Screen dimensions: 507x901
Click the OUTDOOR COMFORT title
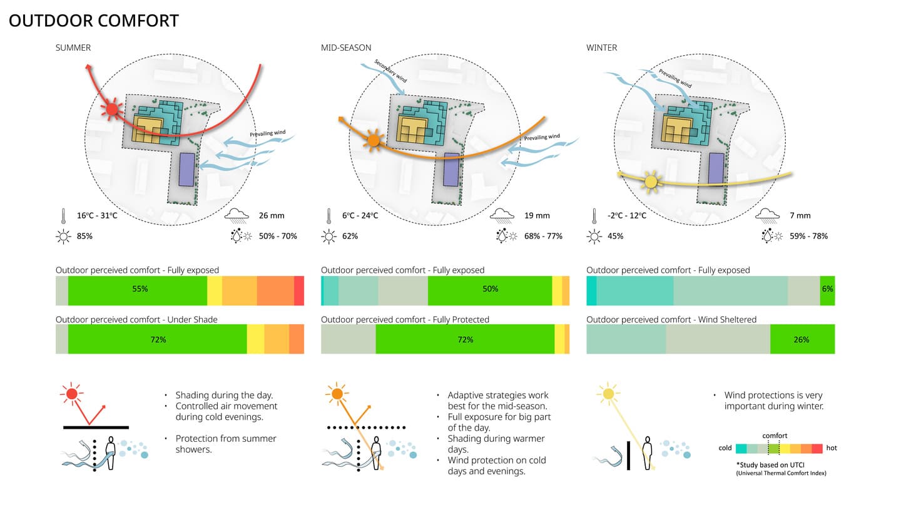(94, 21)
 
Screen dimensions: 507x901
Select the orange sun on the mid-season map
(374, 141)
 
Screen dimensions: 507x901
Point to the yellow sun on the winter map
(651, 182)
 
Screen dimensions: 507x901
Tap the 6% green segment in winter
(827, 289)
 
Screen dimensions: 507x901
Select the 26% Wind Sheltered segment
(802, 339)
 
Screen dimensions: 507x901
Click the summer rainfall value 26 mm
(272, 216)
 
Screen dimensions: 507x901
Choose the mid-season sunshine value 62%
(351, 236)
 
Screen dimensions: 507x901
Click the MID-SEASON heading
(346, 48)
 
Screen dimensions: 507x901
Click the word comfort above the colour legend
(775, 436)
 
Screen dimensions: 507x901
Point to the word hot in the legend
(832, 448)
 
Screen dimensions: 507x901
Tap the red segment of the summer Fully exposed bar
(299, 290)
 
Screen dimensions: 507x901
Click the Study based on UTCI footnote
(781, 465)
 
